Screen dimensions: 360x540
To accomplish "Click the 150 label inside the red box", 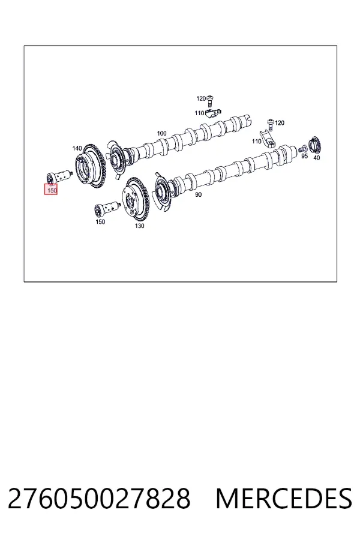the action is coord(52,190).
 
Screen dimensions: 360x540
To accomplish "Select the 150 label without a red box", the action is coord(100,222).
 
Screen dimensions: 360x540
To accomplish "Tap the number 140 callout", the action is coord(77,148).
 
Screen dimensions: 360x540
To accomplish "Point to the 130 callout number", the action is coord(139,226).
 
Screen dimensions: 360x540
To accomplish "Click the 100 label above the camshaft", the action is coord(161,133).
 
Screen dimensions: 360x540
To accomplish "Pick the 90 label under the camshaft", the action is coord(199,195).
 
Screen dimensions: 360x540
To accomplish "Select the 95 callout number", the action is coord(305,156).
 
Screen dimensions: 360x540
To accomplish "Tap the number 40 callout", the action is coord(317,158).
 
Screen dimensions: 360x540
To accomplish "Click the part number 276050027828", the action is coord(99,499).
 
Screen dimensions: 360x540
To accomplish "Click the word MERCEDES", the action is coord(284,499).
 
